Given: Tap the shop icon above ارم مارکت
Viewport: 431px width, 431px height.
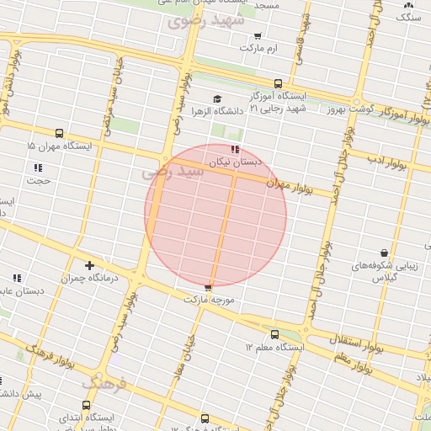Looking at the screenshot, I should point(257,36).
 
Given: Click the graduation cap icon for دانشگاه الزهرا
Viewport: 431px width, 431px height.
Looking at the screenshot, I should point(217,98).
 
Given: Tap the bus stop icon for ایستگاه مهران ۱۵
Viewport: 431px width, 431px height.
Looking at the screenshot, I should point(59,133).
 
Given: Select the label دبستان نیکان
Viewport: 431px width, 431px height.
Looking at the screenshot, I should point(236,161).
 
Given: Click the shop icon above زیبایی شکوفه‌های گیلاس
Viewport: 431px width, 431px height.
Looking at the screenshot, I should point(384,252).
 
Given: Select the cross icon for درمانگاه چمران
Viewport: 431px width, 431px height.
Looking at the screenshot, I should point(90,265).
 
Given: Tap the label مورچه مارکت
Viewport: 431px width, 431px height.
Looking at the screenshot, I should point(206,299).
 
